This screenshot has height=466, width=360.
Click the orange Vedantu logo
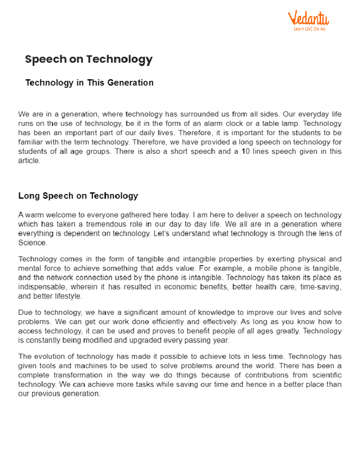coord(308,19)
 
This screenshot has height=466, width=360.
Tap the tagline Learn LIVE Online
coord(309,29)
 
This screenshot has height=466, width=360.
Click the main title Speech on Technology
coord(89,59)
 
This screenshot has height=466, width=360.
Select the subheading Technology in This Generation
coord(89,83)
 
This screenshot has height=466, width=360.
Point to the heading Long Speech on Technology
coord(78,196)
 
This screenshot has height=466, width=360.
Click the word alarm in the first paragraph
coord(214,124)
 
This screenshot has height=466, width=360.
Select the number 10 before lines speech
coord(246,151)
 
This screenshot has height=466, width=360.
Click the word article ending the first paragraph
coord(28,161)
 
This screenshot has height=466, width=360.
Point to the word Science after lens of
coord(32,243)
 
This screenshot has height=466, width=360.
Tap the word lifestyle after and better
coord(68,296)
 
